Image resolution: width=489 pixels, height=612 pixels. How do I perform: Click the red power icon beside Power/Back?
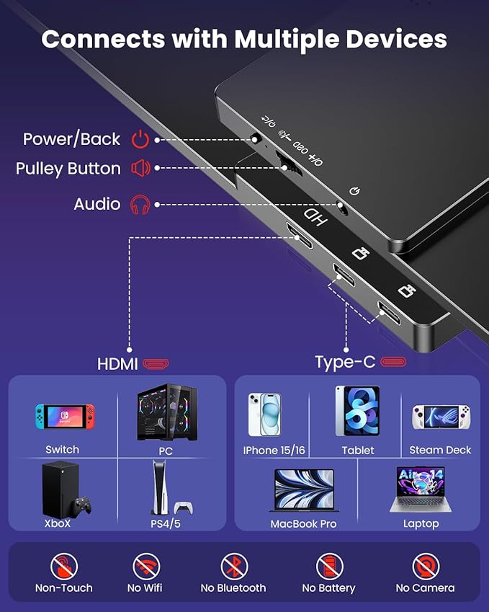coord(140,139)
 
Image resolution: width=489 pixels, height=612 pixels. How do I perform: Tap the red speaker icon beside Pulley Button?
coord(140,169)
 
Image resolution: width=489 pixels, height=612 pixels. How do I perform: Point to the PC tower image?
coord(167,412)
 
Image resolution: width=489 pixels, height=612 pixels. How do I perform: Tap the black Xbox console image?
coord(65,488)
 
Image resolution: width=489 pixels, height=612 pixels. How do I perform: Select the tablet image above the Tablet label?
coord(357,412)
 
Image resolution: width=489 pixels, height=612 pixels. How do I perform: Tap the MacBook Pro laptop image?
coord(304,489)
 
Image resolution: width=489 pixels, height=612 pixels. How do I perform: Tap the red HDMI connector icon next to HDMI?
coord(156,363)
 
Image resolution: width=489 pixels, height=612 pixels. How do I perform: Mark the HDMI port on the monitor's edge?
coord(295,232)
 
